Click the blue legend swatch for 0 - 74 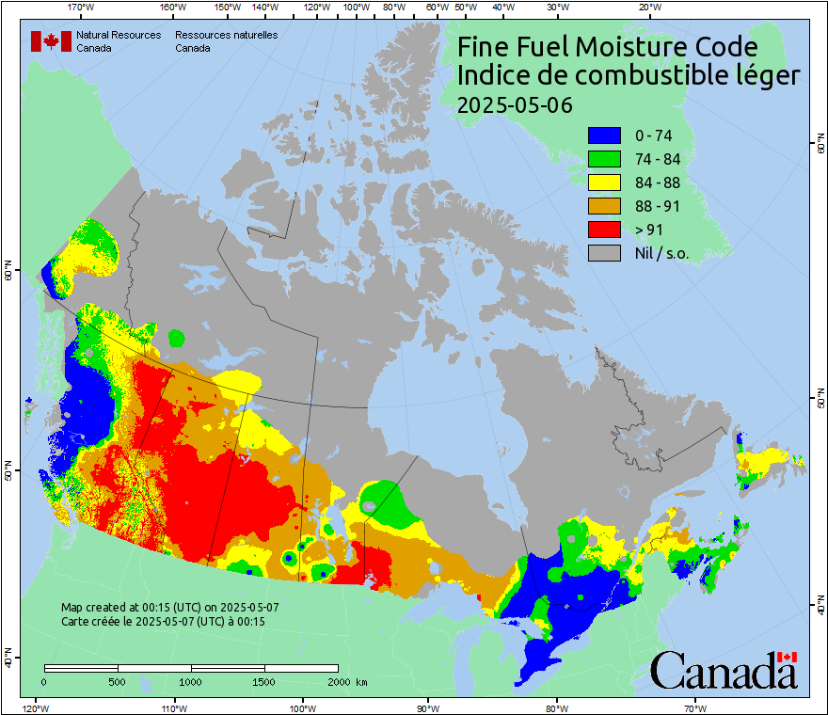[604, 135]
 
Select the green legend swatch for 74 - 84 [604, 159]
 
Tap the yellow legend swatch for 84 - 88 [604, 183]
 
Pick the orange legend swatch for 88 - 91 [604, 206]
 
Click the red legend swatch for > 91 [604, 230]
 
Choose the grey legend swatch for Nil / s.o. [604, 253]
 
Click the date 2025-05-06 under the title [514, 105]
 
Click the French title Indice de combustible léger [629, 76]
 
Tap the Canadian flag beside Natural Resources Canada [51, 41]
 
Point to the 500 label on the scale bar [117, 681]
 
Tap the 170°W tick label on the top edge [82, 8]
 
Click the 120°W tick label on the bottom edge [35, 707]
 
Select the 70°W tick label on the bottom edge [695, 707]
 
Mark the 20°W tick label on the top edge [647, 8]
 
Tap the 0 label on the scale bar [44, 681]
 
